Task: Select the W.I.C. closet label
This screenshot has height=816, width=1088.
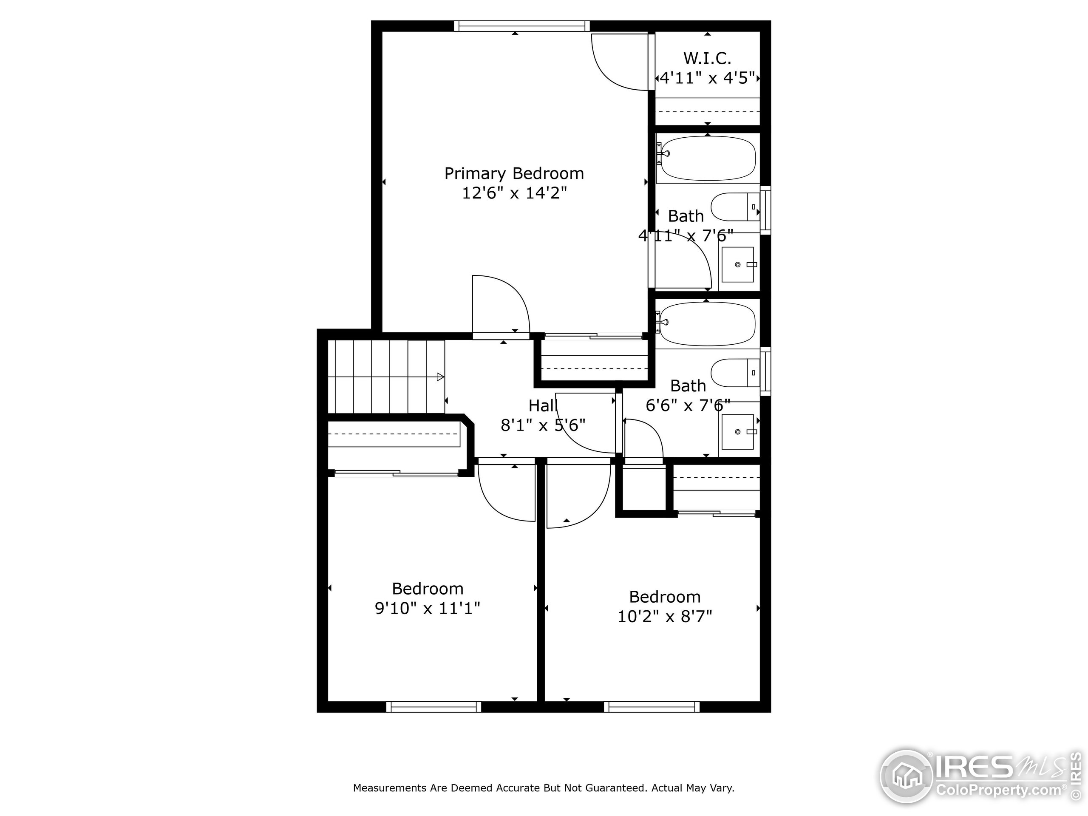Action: point(707,59)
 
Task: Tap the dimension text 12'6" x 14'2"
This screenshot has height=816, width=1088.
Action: point(514,193)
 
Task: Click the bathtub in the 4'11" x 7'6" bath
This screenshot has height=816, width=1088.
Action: point(708,159)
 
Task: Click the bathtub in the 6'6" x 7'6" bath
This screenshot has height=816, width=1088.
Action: point(707,324)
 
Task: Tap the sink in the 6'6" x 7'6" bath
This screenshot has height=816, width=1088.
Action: point(737,432)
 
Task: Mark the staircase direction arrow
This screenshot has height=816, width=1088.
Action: point(440,377)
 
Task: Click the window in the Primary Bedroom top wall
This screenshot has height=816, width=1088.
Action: point(521,26)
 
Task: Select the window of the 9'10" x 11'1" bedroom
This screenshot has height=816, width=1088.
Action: point(433,707)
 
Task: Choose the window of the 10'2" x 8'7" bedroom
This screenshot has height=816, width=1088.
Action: point(651,707)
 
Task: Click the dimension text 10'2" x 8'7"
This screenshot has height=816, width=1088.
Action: point(665,616)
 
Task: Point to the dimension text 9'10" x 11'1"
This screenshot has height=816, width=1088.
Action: point(427,609)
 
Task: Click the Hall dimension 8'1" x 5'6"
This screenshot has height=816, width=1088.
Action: point(543,425)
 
